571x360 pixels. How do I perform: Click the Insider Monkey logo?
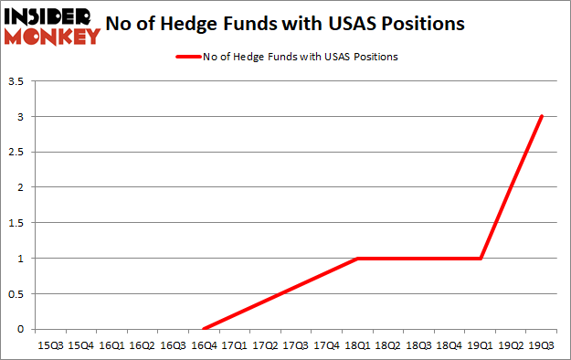tap(52, 26)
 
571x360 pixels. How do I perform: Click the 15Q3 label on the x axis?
tap(50, 344)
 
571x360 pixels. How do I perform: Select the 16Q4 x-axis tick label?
tap(204, 344)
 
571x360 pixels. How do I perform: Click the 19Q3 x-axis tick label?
tap(541, 344)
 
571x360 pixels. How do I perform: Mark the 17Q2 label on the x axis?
tap(265, 344)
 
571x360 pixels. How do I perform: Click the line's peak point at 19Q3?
tap(542, 116)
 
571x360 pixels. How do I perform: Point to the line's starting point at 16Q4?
tap(204, 329)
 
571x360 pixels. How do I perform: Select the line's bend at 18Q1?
tap(357, 259)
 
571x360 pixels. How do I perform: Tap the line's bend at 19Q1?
tap(481, 259)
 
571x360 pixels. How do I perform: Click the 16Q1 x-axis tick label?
tap(111, 344)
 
